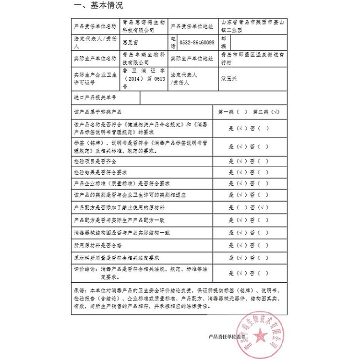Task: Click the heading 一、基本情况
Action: [x=98, y=6]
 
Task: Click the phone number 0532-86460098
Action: [x=197, y=43]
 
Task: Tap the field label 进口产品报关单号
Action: [x=95, y=97]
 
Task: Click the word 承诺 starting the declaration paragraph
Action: [x=79, y=290]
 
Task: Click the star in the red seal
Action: [x=258, y=335]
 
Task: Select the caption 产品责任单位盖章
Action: [x=226, y=337]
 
